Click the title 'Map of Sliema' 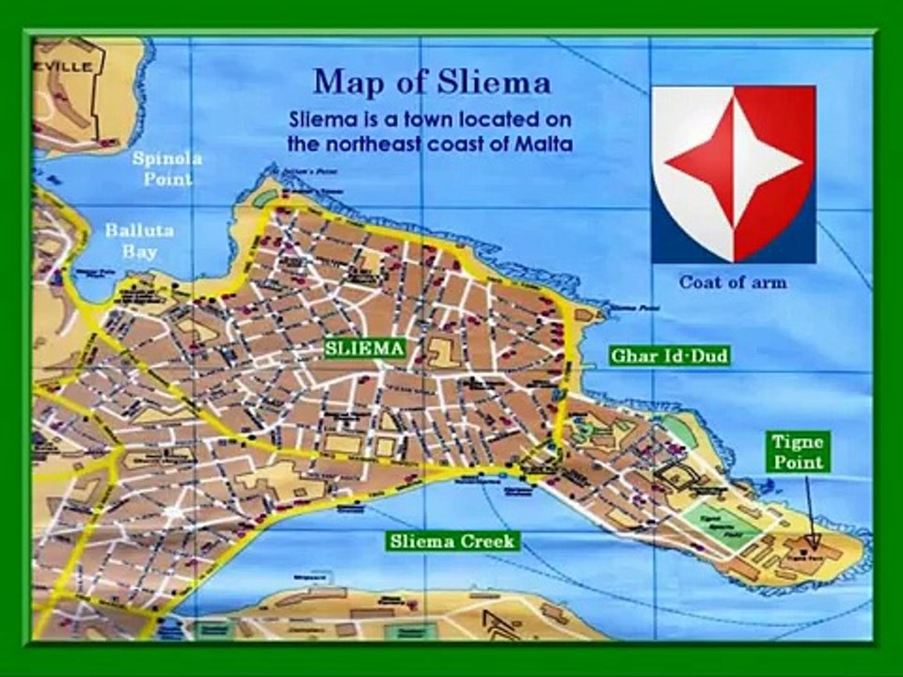[432, 82]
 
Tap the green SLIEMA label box [365, 349]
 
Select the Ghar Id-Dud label [670, 356]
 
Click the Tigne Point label [798, 451]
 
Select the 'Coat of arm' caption [733, 281]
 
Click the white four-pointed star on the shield [734, 173]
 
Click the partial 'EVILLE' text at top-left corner [67, 67]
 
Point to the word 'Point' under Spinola [167, 179]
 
